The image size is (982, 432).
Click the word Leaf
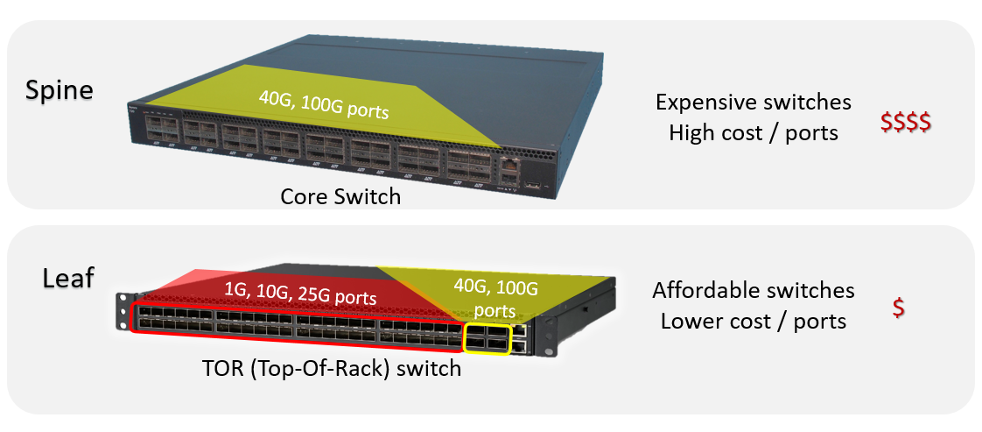pyautogui.click(x=68, y=279)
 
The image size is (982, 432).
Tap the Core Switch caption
pyautogui.click(x=340, y=196)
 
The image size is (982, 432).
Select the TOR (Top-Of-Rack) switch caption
pyautogui.click(x=331, y=368)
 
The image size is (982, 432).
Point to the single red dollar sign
pyautogui.click(x=899, y=309)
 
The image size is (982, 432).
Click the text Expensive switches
pyautogui.click(x=753, y=103)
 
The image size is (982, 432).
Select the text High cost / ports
pyautogui.click(x=753, y=133)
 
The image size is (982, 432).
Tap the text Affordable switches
pyautogui.click(x=754, y=290)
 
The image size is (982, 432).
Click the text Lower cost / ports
pyautogui.click(x=754, y=321)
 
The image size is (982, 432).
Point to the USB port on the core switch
pyautogui.click(x=532, y=187)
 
